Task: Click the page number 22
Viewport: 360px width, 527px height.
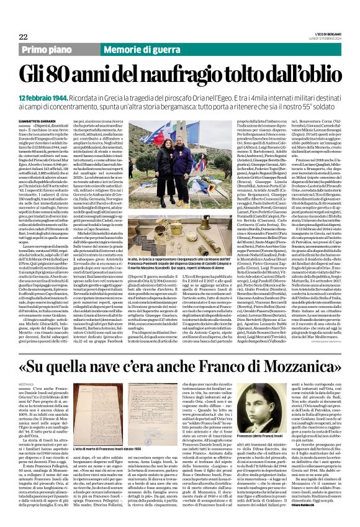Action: point(23,37)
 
